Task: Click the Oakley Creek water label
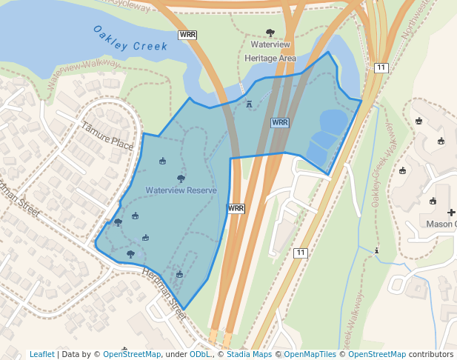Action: (130, 39)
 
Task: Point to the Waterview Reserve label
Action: (181, 190)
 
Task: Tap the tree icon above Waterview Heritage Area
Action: (270, 33)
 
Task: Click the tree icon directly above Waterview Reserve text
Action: (181, 179)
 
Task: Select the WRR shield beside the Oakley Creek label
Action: (187, 35)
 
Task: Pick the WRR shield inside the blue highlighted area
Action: (279, 122)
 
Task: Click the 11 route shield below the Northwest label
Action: (381, 68)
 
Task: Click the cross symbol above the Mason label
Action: (451, 213)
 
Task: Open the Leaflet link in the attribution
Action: (41, 354)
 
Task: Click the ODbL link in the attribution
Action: (199, 354)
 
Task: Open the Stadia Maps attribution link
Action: (249, 354)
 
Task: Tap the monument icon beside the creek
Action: (249, 104)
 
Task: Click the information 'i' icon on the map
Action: (377, 250)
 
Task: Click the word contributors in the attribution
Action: (431, 354)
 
